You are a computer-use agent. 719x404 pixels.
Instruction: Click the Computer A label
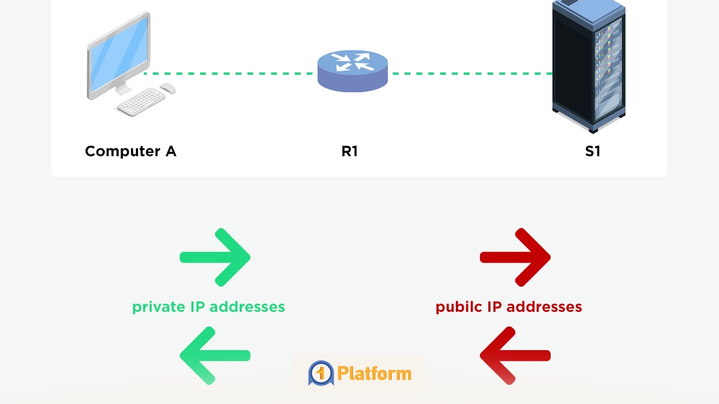[x=131, y=151]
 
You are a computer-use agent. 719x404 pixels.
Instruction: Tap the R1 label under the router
[x=350, y=151]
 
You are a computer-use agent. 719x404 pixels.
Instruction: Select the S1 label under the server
[x=593, y=151]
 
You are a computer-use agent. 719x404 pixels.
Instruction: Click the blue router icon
[x=352, y=71]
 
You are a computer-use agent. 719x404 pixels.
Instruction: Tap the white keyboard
[x=142, y=102]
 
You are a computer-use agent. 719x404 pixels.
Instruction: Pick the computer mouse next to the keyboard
[x=168, y=88]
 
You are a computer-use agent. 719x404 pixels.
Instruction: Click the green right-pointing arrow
[x=216, y=257]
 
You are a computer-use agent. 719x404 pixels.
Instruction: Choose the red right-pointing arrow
[x=515, y=257]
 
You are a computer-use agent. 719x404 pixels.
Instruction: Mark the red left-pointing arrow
[x=515, y=355]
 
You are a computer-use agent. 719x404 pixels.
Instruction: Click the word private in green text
[x=158, y=307]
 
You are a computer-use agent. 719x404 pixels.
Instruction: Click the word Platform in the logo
[x=374, y=373]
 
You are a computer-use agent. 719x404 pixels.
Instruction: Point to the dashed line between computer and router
[x=228, y=74]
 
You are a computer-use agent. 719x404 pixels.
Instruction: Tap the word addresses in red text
[x=545, y=307]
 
